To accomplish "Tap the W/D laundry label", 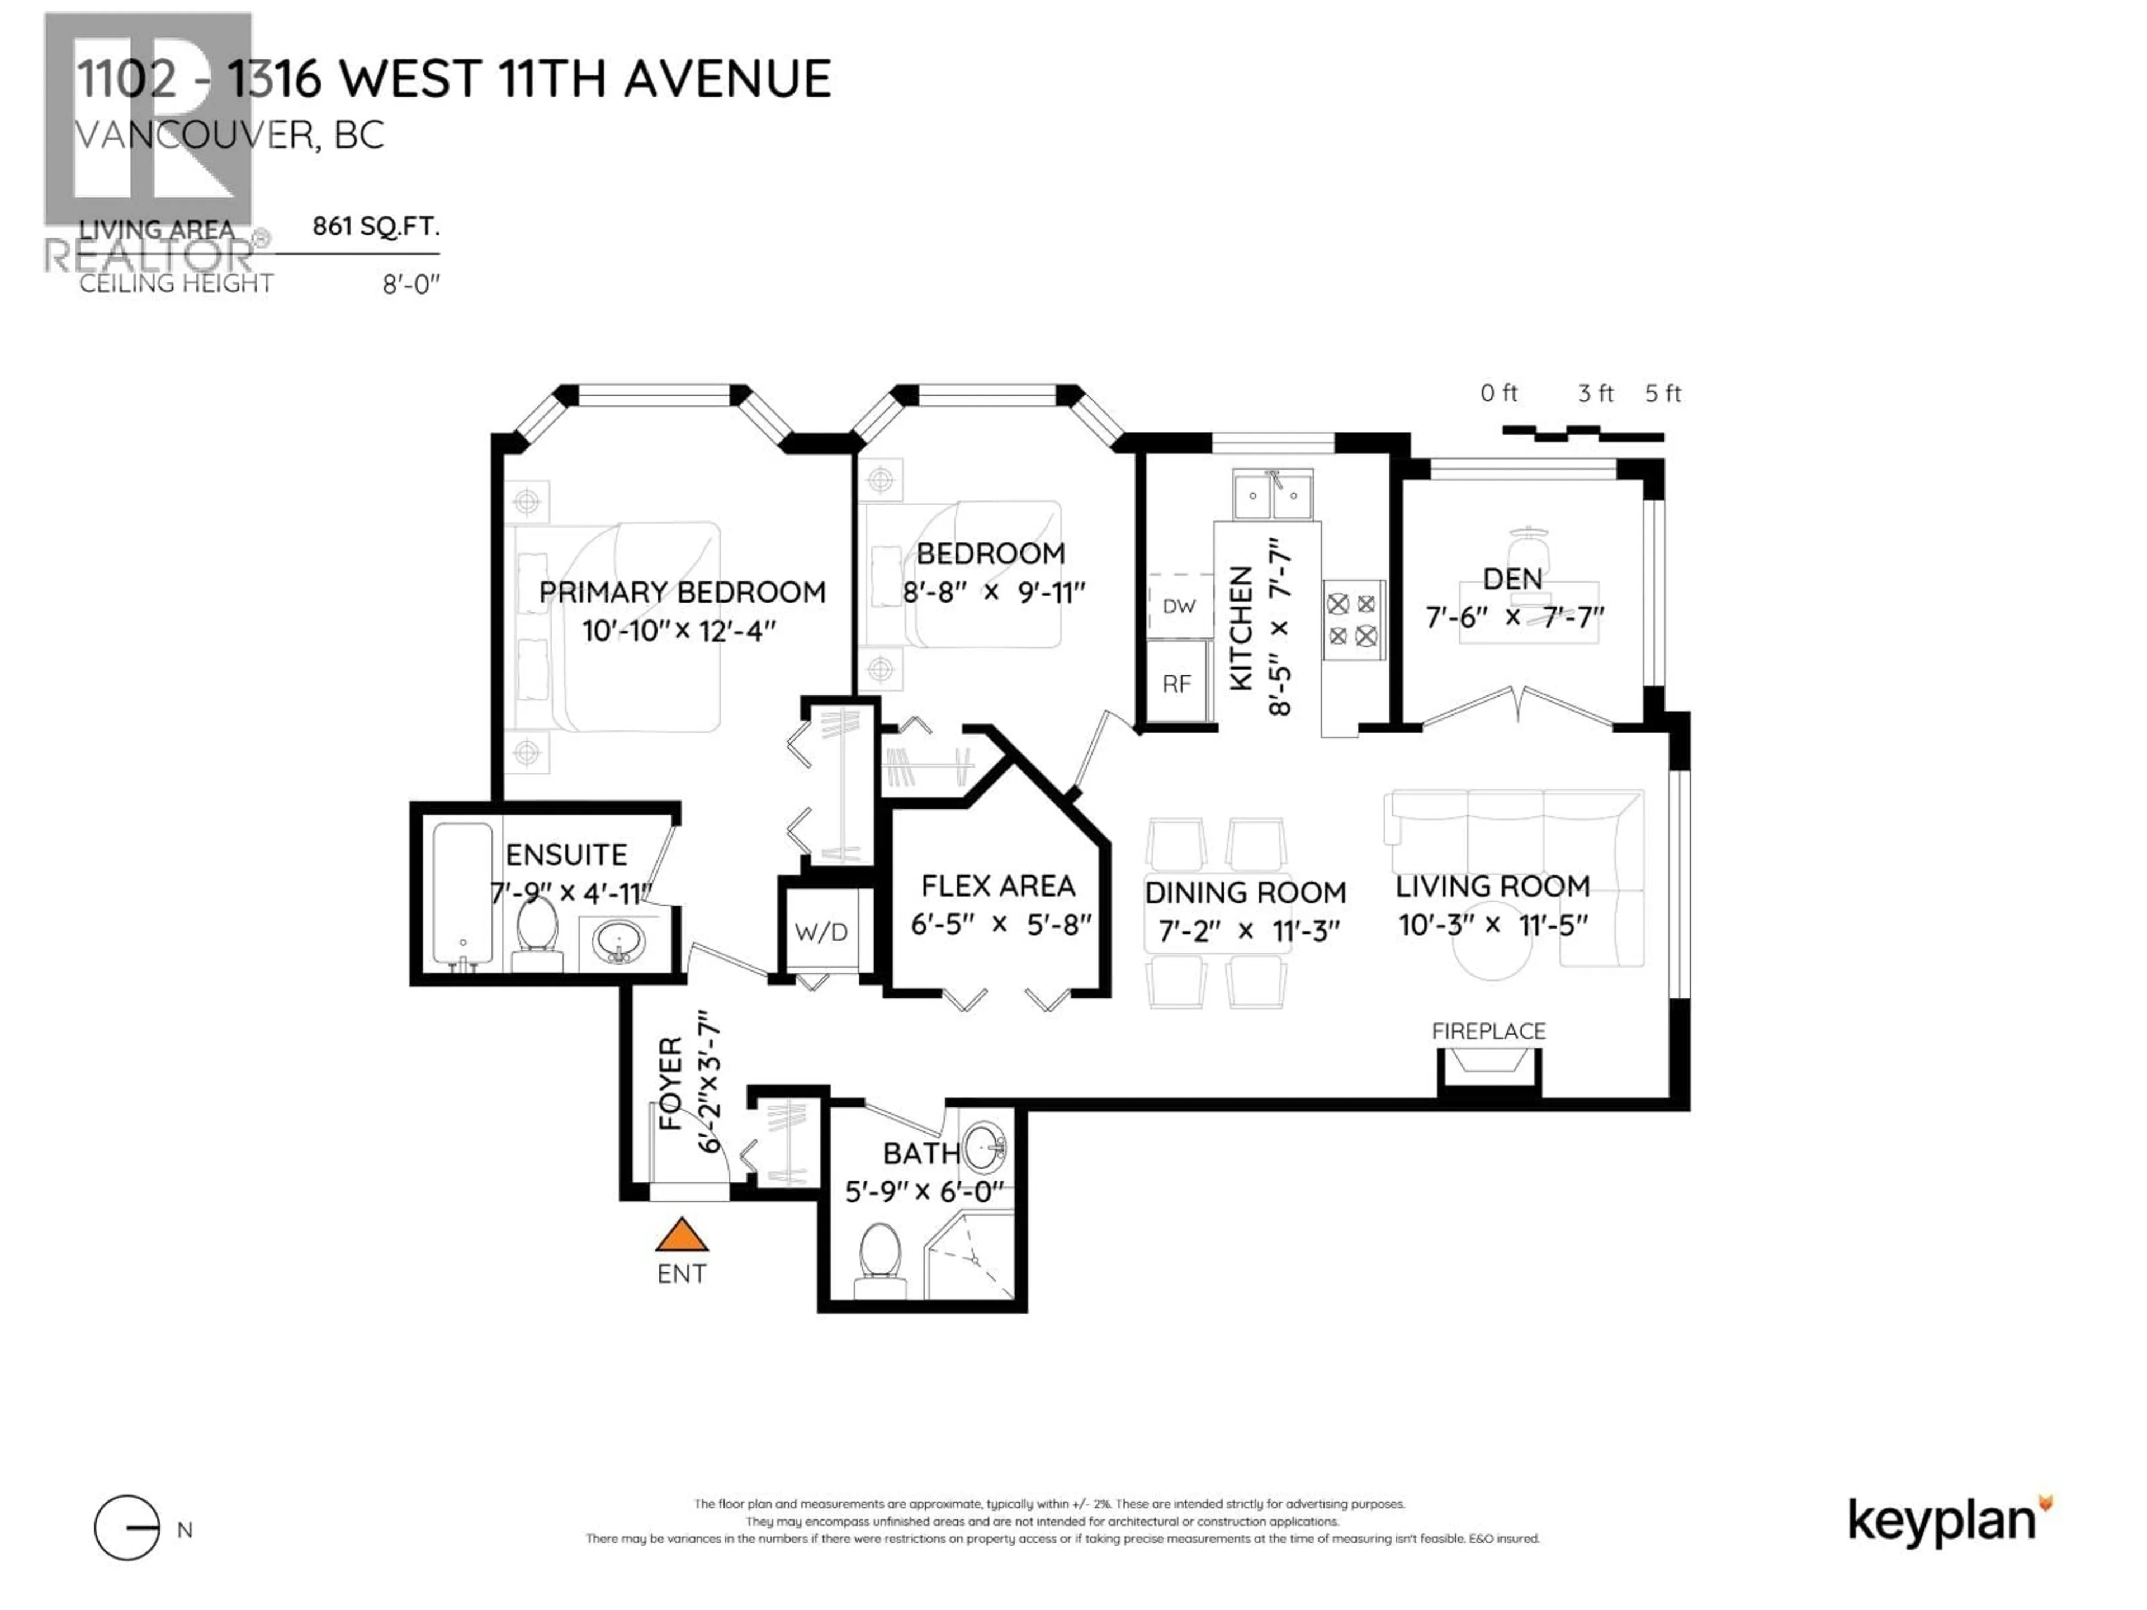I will pyautogui.click(x=821, y=932).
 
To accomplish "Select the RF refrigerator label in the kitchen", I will pyautogui.click(x=1176, y=684).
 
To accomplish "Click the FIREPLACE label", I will pyautogui.click(x=1488, y=1031).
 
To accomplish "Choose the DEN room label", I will pyautogui.click(x=1512, y=579).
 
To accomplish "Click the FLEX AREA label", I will pyautogui.click(x=998, y=886).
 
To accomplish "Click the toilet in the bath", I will pyautogui.click(x=881, y=1259).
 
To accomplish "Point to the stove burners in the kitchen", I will pyautogui.click(x=1352, y=620).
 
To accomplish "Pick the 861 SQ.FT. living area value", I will pyautogui.click(x=376, y=227).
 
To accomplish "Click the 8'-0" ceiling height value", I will pyautogui.click(x=412, y=285).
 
